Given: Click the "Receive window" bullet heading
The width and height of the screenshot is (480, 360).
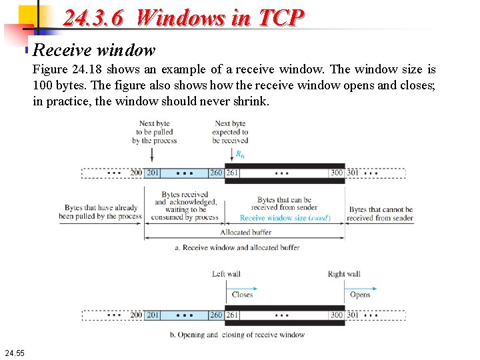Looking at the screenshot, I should click(x=94, y=50).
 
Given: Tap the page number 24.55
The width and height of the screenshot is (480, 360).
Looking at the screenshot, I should click(x=14, y=351).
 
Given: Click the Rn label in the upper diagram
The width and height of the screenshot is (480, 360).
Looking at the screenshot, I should click(x=240, y=154).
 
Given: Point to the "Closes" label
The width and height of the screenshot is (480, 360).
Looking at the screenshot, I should click(x=242, y=294).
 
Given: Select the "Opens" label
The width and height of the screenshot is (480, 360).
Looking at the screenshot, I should click(x=360, y=294).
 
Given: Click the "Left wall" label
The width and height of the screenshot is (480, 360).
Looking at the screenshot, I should click(x=226, y=274).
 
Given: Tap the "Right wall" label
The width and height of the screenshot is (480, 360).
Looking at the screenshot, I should click(x=344, y=274).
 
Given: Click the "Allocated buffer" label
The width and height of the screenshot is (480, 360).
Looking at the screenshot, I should click(x=245, y=232).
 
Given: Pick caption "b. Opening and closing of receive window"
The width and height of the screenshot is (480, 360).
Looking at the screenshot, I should click(x=237, y=335).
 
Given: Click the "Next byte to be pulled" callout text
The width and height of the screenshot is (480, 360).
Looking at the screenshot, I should click(x=154, y=132).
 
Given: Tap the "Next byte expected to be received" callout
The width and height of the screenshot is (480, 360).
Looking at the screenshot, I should click(x=230, y=132).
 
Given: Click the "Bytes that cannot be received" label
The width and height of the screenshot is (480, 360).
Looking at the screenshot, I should click(x=380, y=213).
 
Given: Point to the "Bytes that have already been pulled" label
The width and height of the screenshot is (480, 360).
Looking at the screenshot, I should click(x=100, y=212).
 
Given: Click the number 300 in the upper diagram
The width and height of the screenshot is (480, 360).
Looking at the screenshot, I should click(x=337, y=173).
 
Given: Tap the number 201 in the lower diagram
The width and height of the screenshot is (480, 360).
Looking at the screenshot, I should click(x=153, y=315).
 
